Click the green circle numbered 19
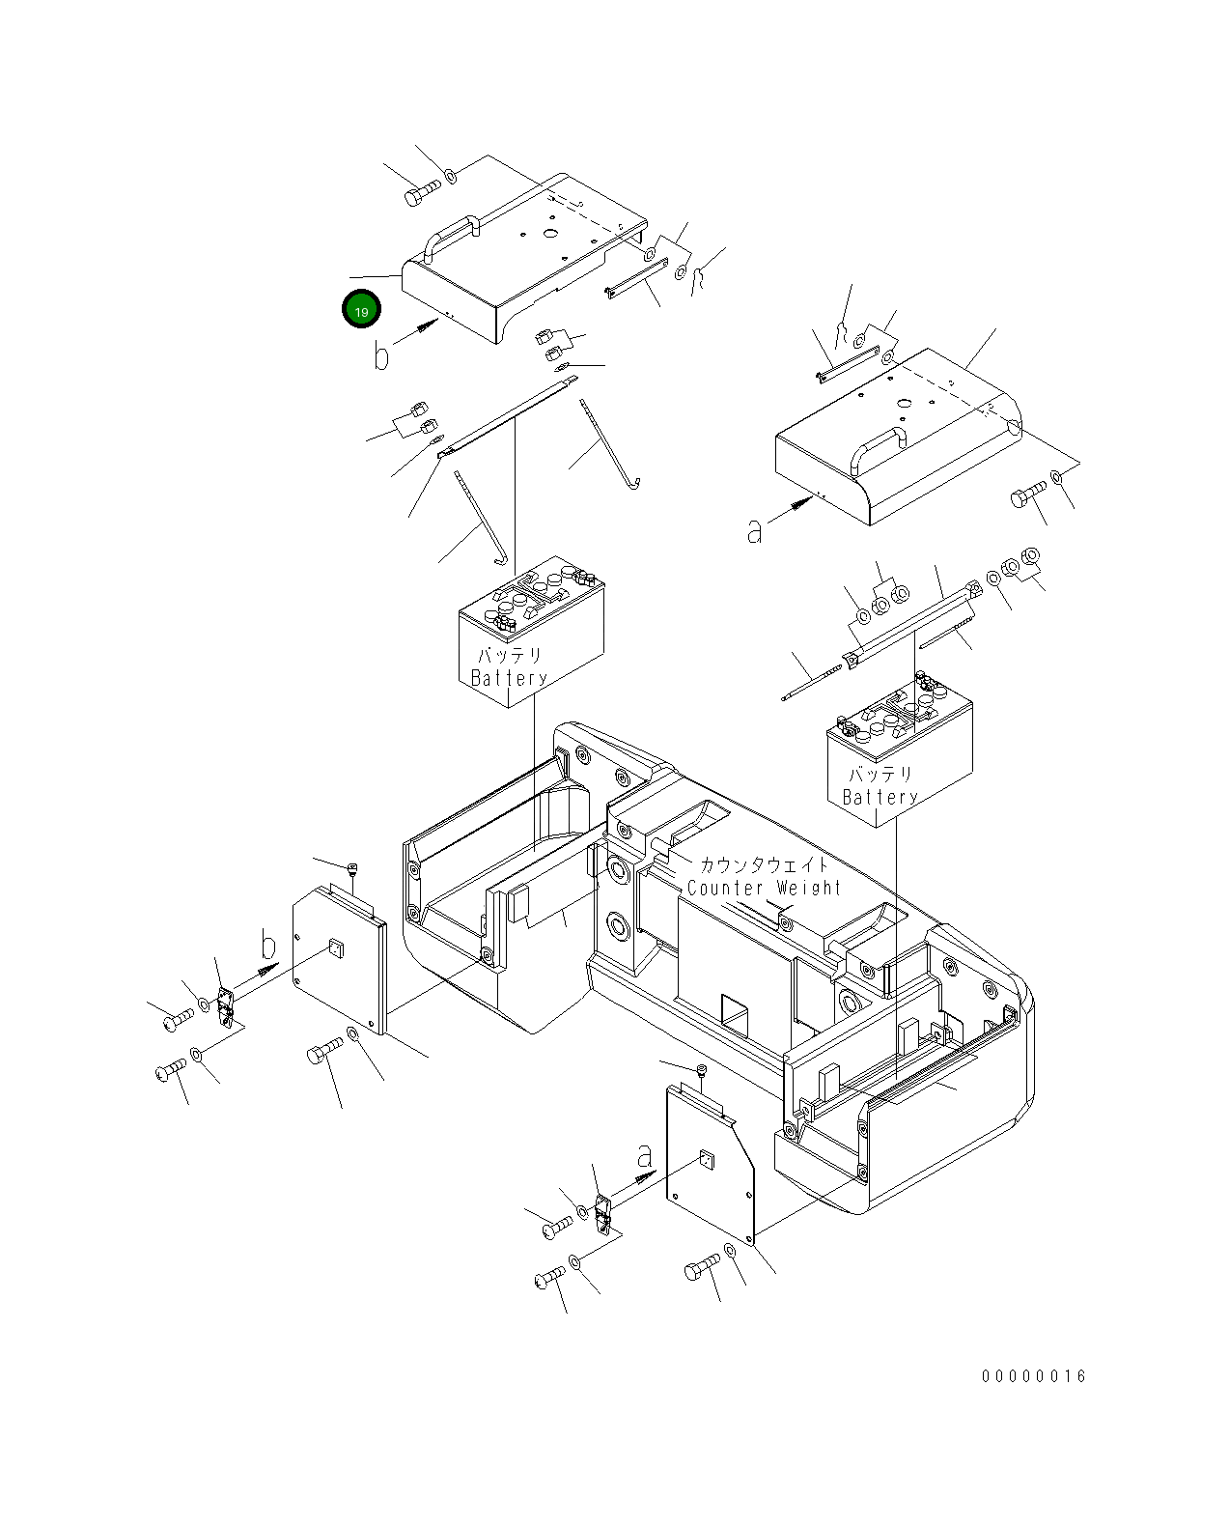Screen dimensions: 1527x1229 (x=361, y=310)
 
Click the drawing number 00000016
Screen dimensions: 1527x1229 (x=1034, y=1376)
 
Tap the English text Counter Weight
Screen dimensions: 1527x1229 (x=764, y=888)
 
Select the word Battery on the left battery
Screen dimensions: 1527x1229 (x=510, y=678)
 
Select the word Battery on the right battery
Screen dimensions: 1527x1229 (x=880, y=797)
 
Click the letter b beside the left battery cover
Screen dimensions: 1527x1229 (x=381, y=356)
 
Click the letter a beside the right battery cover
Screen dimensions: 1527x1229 (x=754, y=530)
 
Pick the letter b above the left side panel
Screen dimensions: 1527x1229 (x=269, y=947)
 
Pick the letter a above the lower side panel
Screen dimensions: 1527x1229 (x=645, y=1155)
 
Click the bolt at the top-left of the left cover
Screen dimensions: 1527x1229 (x=421, y=192)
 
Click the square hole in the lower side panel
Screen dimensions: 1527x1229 (x=707, y=1160)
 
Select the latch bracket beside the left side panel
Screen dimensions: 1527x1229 (x=227, y=1006)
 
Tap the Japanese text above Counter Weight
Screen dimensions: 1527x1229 (x=763, y=865)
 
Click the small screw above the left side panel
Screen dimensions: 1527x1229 (x=353, y=868)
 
